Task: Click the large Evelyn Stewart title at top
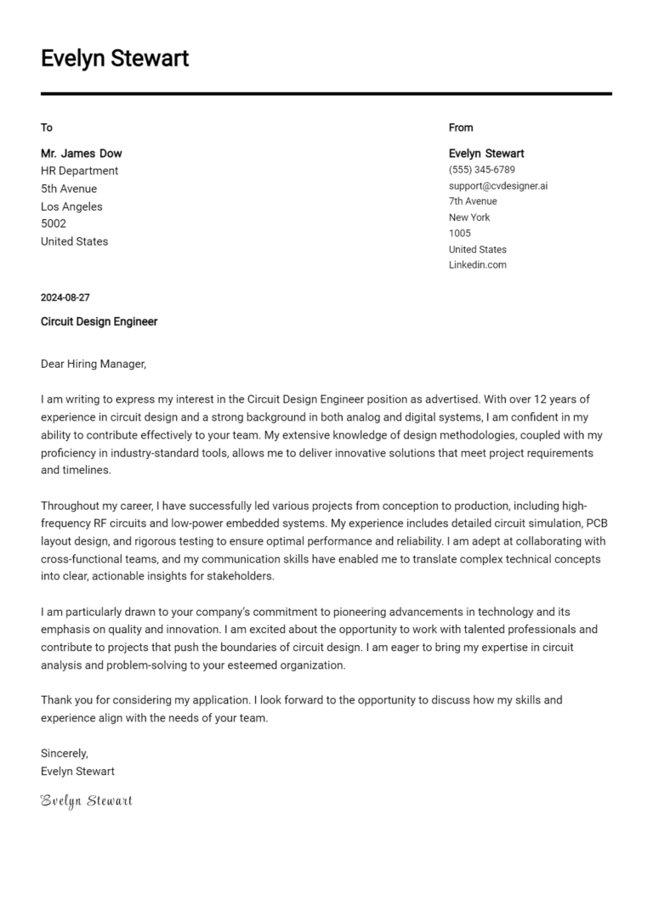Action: [x=115, y=59]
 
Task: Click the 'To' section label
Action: [x=47, y=127]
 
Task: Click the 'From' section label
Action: [x=461, y=127]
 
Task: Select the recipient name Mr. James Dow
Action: [x=82, y=154]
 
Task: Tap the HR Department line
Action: [x=80, y=171]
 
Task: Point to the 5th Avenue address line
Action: [x=69, y=189]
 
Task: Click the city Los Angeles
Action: [x=71, y=206]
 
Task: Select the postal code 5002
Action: [x=54, y=223]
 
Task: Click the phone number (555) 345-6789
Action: [x=481, y=170]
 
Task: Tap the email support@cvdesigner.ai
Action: [x=498, y=185]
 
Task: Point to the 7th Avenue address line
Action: [x=473, y=201]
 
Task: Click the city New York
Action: [x=469, y=218]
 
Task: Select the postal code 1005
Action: [x=459, y=233]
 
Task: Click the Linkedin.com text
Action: [x=477, y=264]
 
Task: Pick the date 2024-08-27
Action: [x=65, y=297]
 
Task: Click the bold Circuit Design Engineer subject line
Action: [x=99, y=322]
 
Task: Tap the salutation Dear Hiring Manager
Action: [x=94, y=364]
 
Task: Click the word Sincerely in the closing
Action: [x=65, y=753]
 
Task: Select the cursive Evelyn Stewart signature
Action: [x=87, y=800]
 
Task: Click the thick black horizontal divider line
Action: [x=326, y=93]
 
